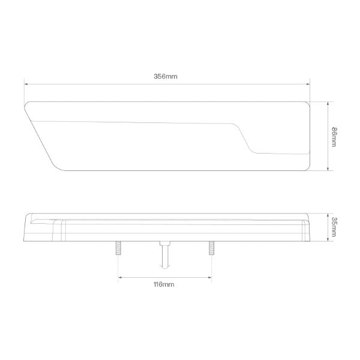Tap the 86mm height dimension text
334,136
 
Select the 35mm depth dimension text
334,227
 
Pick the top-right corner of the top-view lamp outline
307,103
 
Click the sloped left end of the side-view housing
26,230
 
